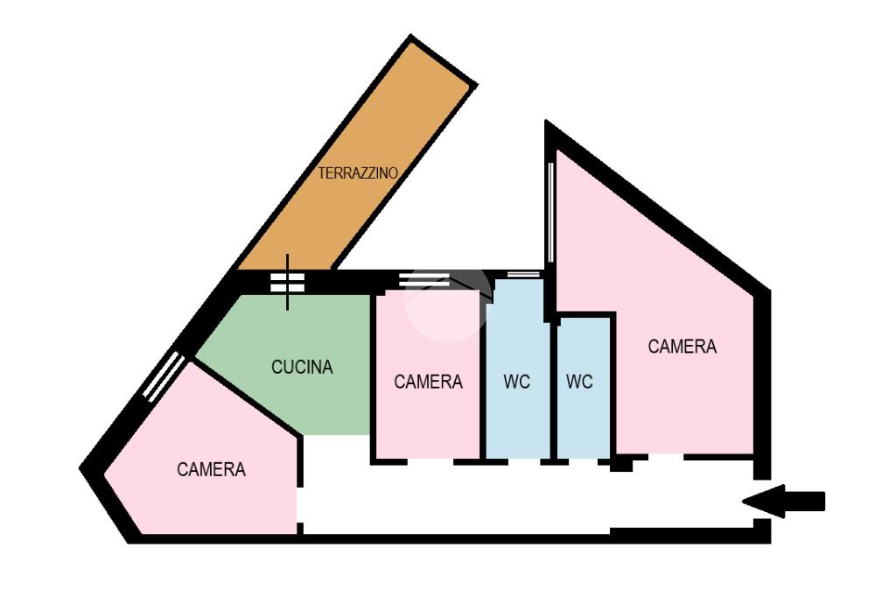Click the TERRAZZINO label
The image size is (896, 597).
coord(358,173)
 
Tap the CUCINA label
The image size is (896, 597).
coord(302,368)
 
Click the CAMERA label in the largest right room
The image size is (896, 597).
coord(682,347)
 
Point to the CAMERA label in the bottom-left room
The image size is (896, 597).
coord(211,469)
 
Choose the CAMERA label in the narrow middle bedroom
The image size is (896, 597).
coord(428,382)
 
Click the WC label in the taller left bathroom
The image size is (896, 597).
coord(517,382)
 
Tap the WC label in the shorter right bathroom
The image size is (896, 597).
coord(579,382)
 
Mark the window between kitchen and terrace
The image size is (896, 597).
coord(287,282)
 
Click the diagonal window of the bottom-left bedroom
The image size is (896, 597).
coord(164,377)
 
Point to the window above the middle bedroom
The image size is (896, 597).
coord(424,280)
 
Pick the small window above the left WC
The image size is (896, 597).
coord(523,275)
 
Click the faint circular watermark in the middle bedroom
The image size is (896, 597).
coord(447,306)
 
